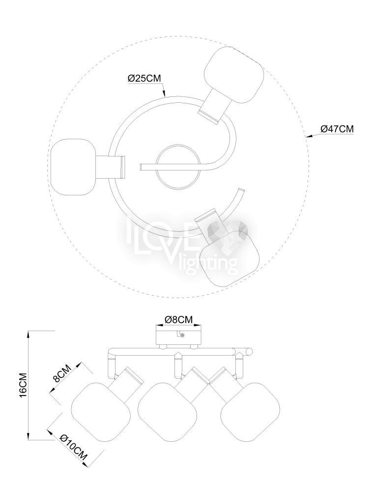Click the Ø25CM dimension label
(x=144, y=78)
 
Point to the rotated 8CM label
(x=62, y=373)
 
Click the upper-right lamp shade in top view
(x=233, y=75)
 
